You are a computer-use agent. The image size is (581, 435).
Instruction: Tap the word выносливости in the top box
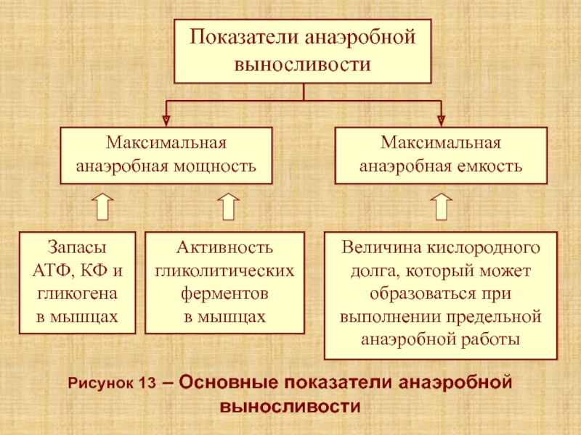[x=303, y=65]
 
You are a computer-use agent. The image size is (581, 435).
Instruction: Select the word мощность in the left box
[x=215, y=167]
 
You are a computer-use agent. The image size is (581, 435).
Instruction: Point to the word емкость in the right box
[x=489, y=167]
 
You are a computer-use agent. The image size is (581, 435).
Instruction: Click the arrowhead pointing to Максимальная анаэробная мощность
[x=166, y=120]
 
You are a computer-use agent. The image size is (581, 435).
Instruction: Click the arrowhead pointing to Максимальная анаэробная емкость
[x=441, y=120]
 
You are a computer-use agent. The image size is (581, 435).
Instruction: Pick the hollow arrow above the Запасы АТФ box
[x=102, y=207]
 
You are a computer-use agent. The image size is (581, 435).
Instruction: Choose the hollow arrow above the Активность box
[x=228, y=207]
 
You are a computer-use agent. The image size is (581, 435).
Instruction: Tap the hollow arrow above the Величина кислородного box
[x=442, y=207]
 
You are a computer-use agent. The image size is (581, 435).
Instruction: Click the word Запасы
[x=77, y=247]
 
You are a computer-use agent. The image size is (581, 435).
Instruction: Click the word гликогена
[x=78, y=294]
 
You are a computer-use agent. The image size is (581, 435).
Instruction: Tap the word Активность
[x=224, y=247]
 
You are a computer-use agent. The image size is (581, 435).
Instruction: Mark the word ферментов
[x=224, y=294]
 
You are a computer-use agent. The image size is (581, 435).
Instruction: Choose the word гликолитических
[x=224, y=271]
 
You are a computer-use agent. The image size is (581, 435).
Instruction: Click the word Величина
[x=382, y=247]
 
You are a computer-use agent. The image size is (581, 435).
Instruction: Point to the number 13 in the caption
[x=147, y=384]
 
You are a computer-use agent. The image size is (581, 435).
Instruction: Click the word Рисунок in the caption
[x=100, y=384]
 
